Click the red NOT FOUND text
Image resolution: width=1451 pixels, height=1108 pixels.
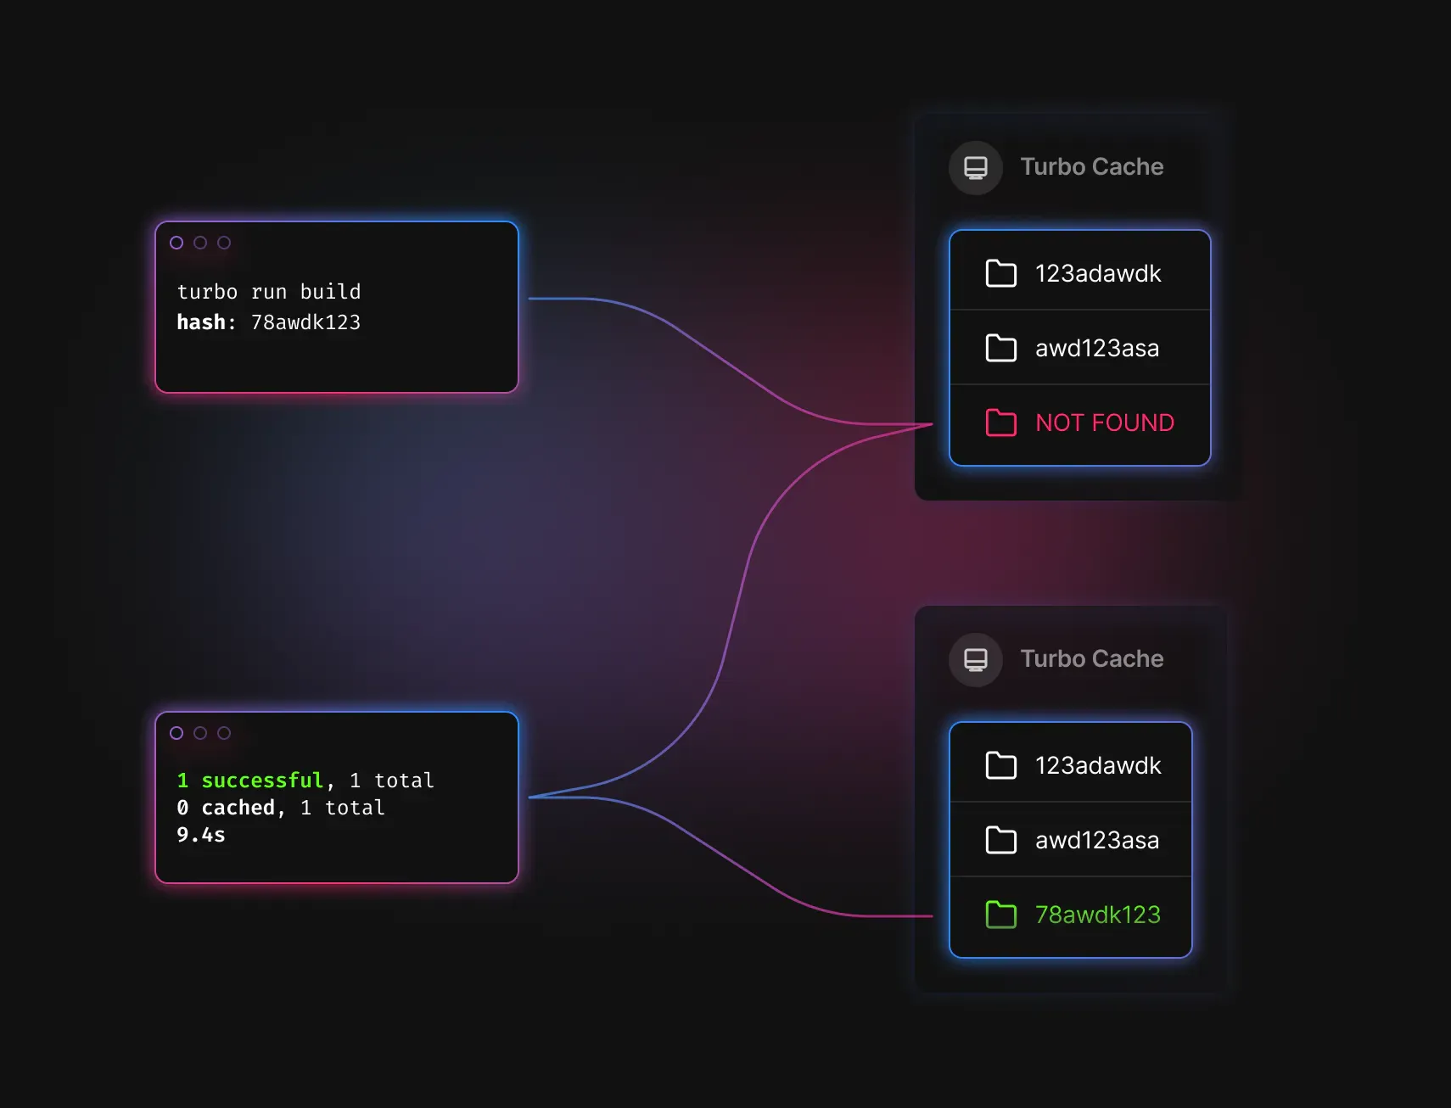(1105, 422)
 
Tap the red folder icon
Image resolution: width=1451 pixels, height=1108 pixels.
(1001, 422)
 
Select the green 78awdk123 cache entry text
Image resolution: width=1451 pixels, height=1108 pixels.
(1098, 915)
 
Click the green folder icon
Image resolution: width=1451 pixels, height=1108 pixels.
(1001, 915)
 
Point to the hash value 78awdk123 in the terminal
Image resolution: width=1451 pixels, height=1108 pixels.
(305, 322)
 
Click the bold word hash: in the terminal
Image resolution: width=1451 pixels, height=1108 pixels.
(206, 322)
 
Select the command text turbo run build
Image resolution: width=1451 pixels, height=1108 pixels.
(269, 292)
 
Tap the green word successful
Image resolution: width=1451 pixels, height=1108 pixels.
(262, 781)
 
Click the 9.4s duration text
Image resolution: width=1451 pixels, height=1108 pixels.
(201, 835)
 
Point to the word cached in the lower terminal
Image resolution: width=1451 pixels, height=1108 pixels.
(238, 808)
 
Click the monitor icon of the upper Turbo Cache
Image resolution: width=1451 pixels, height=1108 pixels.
(976, 168)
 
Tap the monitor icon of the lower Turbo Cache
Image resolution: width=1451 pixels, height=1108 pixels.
(976, 660)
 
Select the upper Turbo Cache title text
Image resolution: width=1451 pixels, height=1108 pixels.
(1092, 166)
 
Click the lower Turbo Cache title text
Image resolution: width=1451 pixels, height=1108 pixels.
(1092, 658)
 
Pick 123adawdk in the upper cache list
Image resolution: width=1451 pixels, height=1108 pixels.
(1098, 273)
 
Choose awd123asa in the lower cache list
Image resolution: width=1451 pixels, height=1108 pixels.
(1097, 840)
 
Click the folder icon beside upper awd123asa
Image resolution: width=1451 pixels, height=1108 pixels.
(1001, 348)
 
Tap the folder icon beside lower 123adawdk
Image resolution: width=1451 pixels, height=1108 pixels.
(1001, 765)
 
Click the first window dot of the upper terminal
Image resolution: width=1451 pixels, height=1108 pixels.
(176, 243)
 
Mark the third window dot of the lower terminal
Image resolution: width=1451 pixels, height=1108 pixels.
(224, 733)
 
